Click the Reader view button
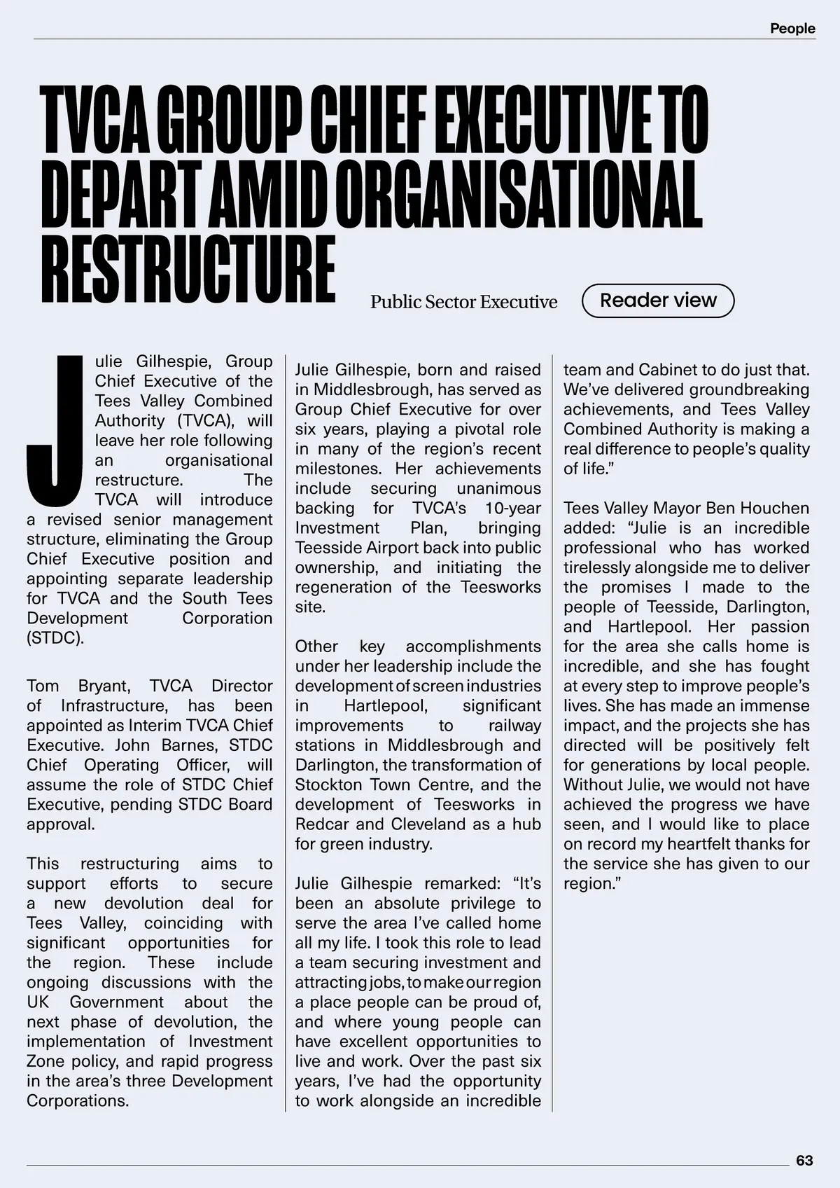658,301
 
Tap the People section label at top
792,29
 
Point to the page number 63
804,1160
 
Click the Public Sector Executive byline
463,302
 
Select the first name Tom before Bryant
42,686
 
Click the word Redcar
320,824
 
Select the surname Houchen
776,508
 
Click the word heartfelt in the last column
696,844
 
